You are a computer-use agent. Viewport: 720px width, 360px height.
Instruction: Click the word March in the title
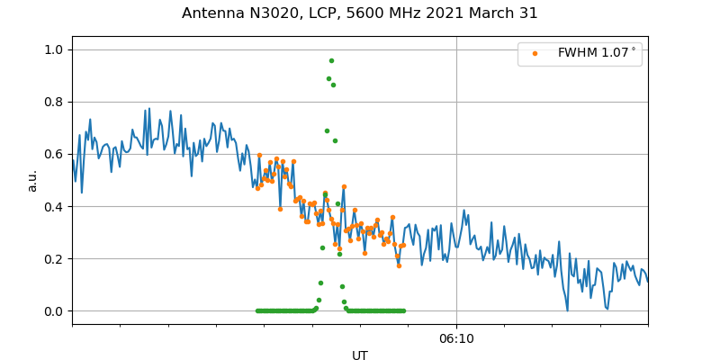[x=499, y=13]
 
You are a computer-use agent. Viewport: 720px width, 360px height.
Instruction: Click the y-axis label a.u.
[x=32, y=180]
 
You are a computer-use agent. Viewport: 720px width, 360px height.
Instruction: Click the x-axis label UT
[x=360, y=355]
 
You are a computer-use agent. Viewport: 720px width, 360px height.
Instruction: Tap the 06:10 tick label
[x=456, y=338]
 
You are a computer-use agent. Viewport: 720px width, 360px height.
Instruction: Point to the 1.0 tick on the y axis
[x=55, y=49]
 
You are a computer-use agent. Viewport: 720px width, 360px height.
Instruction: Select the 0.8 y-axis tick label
[x=55, y=102]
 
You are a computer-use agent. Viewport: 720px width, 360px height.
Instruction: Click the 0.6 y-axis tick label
[x=55, y=154]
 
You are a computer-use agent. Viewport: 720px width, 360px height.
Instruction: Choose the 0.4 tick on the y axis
[x=55, y=206]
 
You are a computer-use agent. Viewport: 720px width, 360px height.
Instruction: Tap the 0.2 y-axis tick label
[x=55, y=258]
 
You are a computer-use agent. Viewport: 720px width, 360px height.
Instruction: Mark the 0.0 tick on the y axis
[x=55, y=310]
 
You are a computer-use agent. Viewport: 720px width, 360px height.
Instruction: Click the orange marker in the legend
[x=535, y=54]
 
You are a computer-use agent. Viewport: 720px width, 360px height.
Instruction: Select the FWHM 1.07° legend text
[x=597, y=54]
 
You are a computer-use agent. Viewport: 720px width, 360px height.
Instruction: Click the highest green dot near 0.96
[x=331, y=60]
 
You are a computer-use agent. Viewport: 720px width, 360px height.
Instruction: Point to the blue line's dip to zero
[x=567, y=310]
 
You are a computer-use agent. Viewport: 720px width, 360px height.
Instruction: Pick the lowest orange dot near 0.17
[x=399, y=265]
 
